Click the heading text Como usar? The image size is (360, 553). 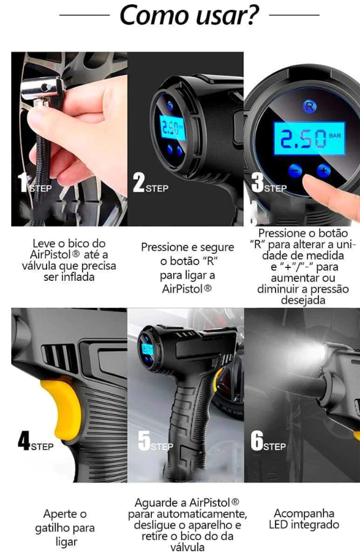pyautogui.click(x=189, y=15)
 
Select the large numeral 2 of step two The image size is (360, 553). pyautogui.click(x=139, y=183)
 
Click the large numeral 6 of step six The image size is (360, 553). pyautogui.click(x=257, y=440)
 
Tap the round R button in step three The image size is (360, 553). pyautogui.click(x=310, y=106)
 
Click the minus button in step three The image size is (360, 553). pyautogui.click(x=295, y=171)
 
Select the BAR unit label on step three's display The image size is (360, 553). pyautogui.click(x=334, y=135)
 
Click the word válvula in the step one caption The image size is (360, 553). pyautogui.click(x=39, y=265)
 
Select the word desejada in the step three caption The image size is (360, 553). pyautogui.click(x=303, y=300)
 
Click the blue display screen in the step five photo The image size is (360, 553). pyautogui.click(x=147, y=349)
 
